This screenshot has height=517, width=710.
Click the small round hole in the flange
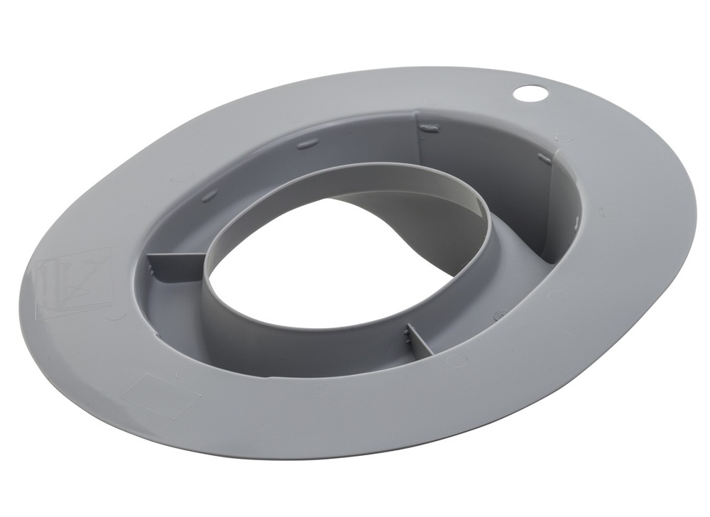click(x=530, y=92)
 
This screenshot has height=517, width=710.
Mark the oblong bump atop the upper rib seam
click(x=429, y=128)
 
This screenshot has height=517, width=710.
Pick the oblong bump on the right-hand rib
click(x=545, y=158)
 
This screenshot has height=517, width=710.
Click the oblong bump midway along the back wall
click(x=307, y=144)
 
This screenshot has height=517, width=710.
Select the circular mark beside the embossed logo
click(x=114, y=313)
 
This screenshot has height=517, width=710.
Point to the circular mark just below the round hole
click(x=564, y=136)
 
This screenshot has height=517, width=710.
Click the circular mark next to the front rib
click(x=456, y=360)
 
